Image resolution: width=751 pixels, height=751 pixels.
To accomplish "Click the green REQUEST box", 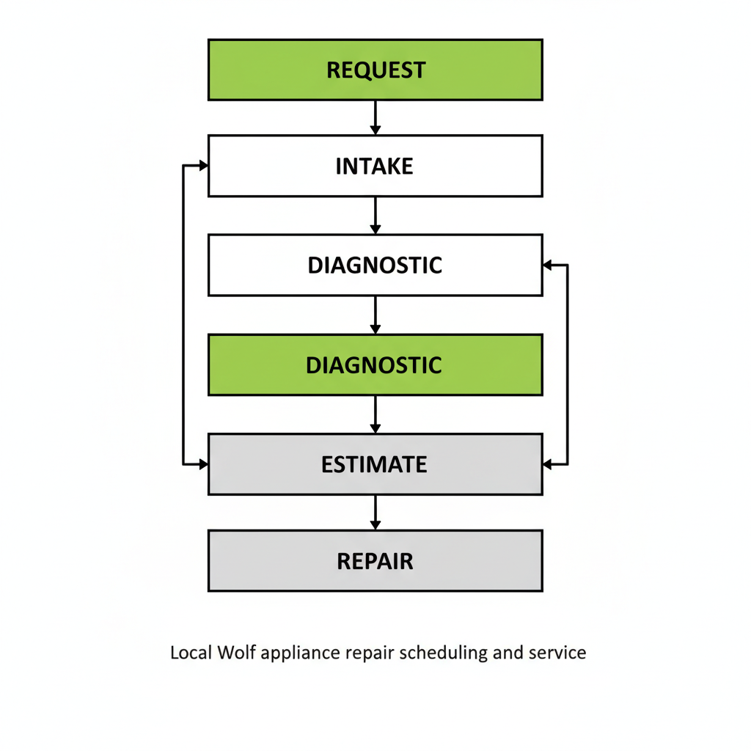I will [x=375, y=70].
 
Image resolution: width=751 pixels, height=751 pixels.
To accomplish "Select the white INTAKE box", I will [x=375, y=166].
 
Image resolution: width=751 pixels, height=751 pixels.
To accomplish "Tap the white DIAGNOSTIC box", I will [x=375, y=265].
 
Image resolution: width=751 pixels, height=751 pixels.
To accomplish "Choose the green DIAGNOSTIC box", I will [x=375, y=364].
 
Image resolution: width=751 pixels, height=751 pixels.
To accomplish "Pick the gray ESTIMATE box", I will [x=375, y=464].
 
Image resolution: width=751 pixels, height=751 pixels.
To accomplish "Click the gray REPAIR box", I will [x=375, y=561].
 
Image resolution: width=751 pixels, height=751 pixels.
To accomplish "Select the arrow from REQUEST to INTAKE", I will [x=375, y=117].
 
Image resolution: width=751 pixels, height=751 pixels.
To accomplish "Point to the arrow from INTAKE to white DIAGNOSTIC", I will [x=375, y=215].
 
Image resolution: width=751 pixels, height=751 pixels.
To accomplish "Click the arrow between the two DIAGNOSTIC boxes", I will [x=375, y=315].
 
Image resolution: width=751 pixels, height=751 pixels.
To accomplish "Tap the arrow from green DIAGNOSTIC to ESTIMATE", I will [x=375, y=414].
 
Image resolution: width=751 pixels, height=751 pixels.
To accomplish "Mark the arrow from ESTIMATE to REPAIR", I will [x=375, y=512].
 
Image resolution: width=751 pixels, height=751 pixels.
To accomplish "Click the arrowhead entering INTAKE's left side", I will [x=203, y=166].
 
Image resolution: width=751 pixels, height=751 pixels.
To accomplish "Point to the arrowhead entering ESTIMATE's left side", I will [x=203, y=464].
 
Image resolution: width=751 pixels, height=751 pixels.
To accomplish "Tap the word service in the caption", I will [x=557, y=652].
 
